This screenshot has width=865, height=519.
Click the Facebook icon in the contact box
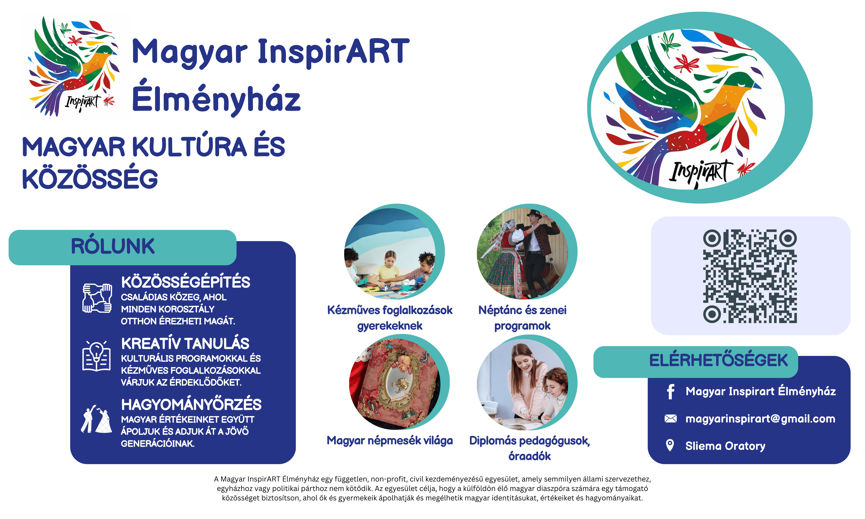click(670, 392)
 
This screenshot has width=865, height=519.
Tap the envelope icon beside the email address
click(670, 419)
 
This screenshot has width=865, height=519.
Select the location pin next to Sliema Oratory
click(670, 445)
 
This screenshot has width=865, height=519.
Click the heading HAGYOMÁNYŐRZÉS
click(191, 405)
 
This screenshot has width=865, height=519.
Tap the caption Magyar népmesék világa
click(390, 441)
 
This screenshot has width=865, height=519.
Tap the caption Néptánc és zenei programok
click(522, 318)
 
